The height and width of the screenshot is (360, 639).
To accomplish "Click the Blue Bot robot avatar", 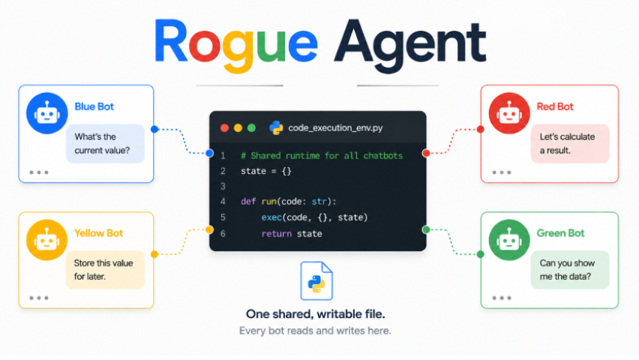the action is pos(46,113).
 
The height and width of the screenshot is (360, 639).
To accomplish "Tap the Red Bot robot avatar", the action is pos(509,113).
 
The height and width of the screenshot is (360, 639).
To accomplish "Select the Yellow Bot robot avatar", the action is pos(46,240).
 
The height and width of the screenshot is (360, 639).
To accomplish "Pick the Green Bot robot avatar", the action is pos(509,240).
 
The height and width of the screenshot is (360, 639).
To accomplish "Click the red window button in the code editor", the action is pos(224,128).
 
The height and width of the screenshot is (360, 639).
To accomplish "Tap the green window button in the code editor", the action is pos(251,128).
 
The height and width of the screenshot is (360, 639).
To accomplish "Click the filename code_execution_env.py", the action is pos(335,128).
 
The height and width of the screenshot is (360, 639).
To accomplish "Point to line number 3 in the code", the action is pos(223,186).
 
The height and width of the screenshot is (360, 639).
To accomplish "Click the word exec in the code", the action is pos(271,217).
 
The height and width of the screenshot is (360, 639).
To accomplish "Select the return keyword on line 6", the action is pos(276,233).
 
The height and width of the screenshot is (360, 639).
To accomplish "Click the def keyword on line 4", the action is pos(248,202).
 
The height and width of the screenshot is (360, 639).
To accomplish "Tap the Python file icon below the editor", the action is pos(316,281).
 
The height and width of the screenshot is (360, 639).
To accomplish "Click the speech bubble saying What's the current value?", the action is pos(105,143).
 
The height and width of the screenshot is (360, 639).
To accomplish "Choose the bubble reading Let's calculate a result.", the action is pos(570,143).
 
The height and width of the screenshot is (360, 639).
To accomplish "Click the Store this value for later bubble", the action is pos(105,269).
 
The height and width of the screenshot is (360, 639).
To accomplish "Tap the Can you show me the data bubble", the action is pos(570,269).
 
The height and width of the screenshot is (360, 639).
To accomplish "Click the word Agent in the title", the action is pos(410,46).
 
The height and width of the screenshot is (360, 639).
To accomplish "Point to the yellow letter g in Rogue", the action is pos(238,50).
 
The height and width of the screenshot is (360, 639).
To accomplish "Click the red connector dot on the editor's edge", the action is pos(426,153).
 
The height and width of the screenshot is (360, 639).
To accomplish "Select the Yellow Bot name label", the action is pos(98,233).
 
